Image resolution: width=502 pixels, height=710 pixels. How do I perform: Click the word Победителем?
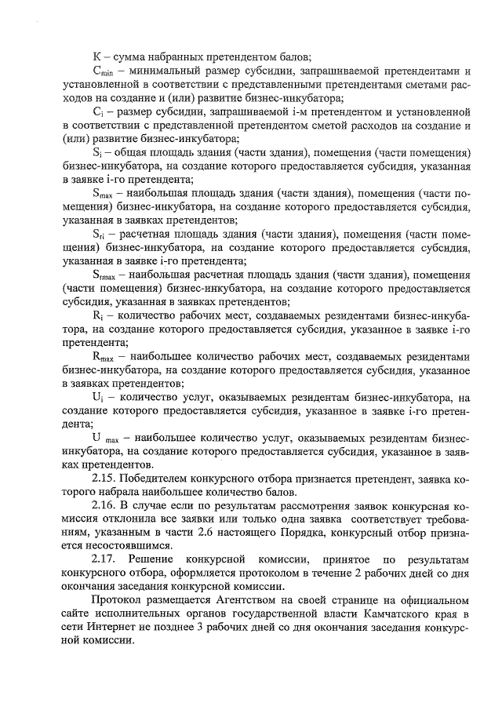coord(164,479)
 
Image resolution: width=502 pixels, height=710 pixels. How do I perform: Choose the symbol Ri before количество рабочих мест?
coord(97,316)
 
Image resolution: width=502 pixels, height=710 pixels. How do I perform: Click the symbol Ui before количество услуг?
coord(97,397)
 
